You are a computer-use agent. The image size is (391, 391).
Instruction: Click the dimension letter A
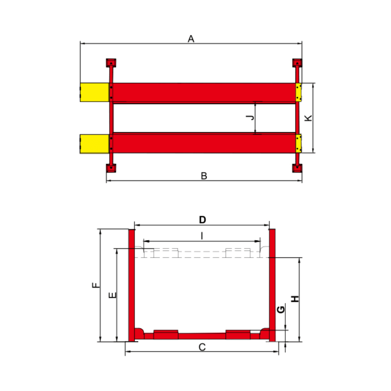point(191,39)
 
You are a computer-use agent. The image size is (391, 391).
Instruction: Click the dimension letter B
point(204,176)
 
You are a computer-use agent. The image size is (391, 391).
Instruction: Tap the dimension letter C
point(202,347)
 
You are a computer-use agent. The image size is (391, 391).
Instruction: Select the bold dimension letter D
point(202,220)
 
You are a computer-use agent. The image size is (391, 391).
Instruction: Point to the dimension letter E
point(113,295)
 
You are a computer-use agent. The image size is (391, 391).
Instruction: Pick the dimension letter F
point(96,285)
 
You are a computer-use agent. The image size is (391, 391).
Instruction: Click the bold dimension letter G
point(281,310)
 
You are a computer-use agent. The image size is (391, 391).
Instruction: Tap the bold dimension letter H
point(295,299)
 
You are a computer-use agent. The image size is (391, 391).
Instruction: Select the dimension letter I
point(202,236)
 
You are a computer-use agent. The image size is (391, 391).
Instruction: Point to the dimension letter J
point(250,117)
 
